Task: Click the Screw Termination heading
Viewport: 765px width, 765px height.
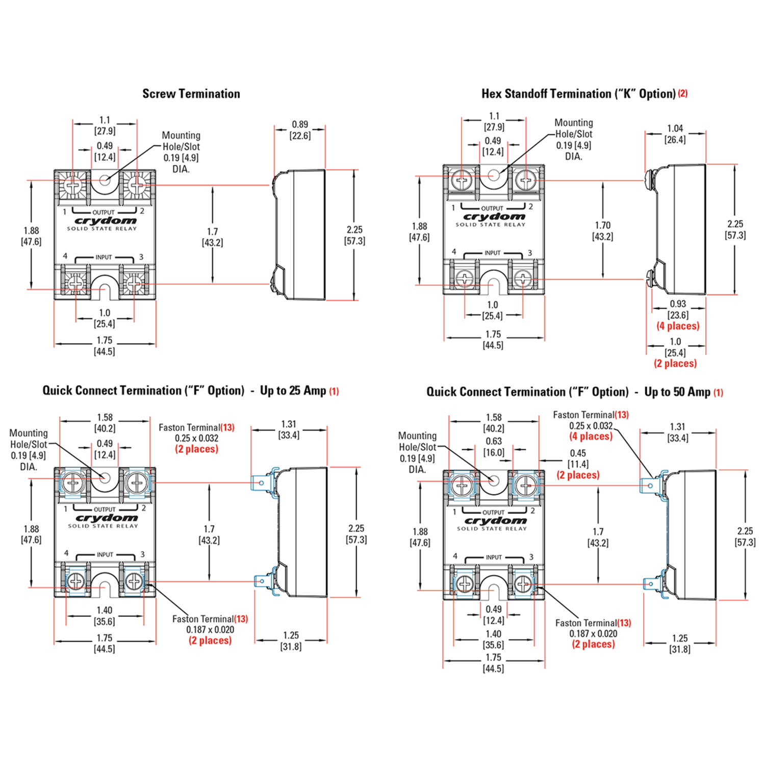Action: tap(191, 94)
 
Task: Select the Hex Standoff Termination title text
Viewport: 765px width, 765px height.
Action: tap(578, 94)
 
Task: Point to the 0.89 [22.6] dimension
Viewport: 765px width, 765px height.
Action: tap(300, 130)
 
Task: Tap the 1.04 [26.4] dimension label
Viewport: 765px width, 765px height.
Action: tap(675, 134)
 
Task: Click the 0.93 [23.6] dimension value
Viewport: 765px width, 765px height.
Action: tap(678, 310)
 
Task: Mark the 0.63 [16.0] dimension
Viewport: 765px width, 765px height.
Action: tap(494, 447)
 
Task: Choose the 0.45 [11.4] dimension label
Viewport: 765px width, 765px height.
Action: tap(578, 458)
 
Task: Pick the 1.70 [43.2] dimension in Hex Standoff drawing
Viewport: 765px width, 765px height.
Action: tap(602, 231)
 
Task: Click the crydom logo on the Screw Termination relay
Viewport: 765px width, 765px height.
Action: tap(106, 221)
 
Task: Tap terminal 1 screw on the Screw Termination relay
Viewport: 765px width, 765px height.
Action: tap(72, 185)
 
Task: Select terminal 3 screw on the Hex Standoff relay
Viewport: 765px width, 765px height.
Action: tap(523, 278)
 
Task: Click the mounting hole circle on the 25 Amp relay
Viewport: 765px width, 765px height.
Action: tap(105, 478)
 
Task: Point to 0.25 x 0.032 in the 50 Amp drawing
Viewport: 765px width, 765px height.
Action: tap(591, 426)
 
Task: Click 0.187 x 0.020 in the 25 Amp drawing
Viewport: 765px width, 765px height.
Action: tap(210, 630)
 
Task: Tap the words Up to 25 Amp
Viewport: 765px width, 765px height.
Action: tap(293, 391)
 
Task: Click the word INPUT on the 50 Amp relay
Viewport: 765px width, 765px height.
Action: tap(494, 557)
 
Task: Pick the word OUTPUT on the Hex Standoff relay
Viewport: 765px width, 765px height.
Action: tap(492, 208)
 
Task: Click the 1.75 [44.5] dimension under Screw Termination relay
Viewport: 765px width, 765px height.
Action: tap(105, 346)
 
